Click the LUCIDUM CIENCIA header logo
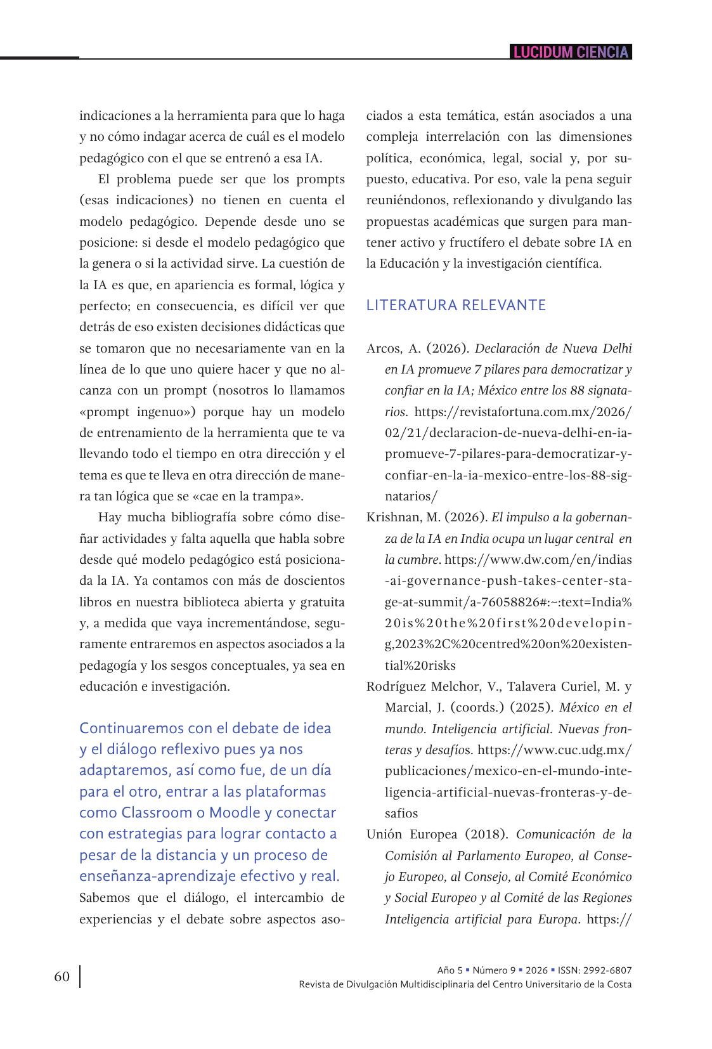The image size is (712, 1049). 571,52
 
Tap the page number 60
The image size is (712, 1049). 61,976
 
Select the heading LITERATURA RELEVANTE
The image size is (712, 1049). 456,305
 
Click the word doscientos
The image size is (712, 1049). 313,580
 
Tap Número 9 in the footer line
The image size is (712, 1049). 494,970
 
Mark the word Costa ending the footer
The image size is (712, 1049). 619,984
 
